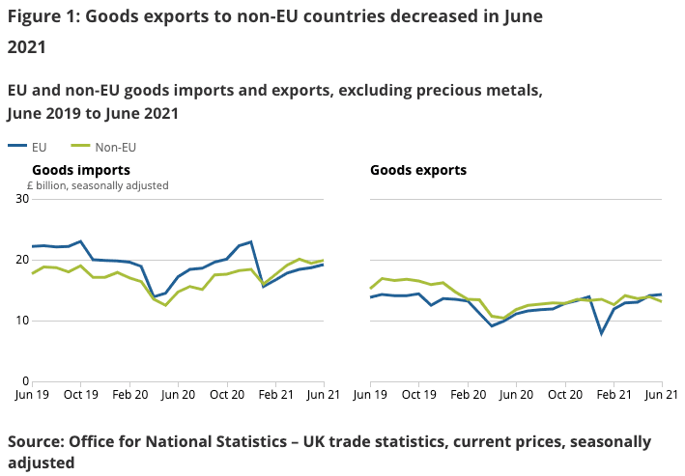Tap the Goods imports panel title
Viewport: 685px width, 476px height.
[82, 170]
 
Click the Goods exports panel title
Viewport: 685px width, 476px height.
[418, 170]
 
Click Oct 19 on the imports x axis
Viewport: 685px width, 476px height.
[80, 395]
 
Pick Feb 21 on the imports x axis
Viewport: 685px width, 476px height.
[276, 395]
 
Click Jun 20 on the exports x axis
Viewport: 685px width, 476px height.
[516, 395]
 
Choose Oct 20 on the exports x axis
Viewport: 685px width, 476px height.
[564, 395]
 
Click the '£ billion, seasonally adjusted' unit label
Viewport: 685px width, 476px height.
[97, 185]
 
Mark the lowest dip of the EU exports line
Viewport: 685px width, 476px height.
[602, 333]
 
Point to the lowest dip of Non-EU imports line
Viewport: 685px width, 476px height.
[165, 305]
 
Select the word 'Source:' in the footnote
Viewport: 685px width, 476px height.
[35, 441]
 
